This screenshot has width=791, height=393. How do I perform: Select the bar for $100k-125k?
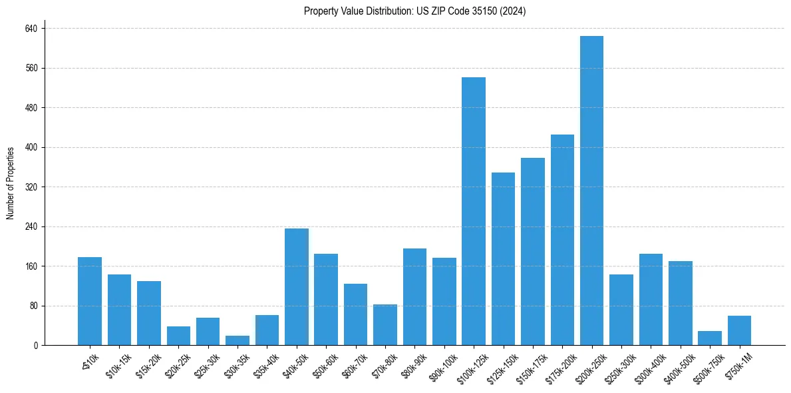(x=473, y=211)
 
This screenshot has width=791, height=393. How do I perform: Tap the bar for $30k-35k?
(x=237, y=340)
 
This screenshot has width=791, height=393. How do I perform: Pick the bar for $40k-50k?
(x=296, y=286)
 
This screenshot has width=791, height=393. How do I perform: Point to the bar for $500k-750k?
(x=709, y=338)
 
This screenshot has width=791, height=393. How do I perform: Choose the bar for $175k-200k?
(x=562, y=240)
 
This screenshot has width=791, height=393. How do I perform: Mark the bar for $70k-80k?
(x=385, y=324)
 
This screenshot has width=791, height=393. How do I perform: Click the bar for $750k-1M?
(x=739, y=330)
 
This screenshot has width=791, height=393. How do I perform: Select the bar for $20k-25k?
(x=178, y=336)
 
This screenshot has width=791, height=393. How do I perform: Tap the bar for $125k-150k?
(x=503, y=258)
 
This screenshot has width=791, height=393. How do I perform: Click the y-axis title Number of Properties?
(x=11, y=183)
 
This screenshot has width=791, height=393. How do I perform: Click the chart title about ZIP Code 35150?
(x=414, y=11)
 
